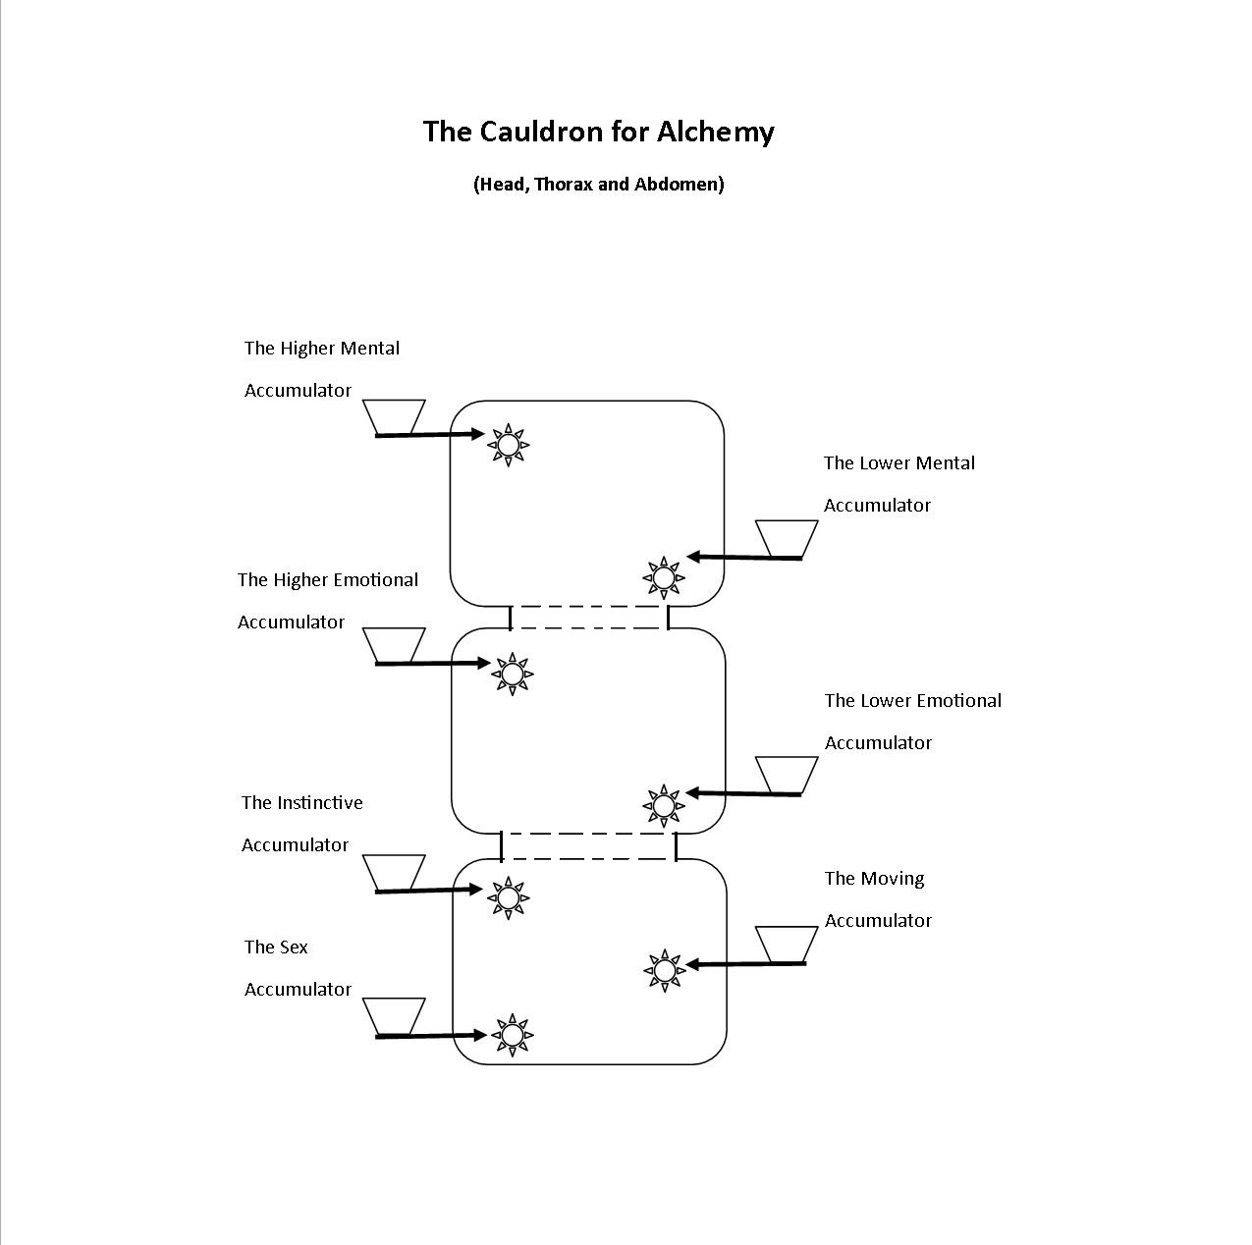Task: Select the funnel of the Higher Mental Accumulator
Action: point(394,415)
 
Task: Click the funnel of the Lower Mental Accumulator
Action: point(787,538)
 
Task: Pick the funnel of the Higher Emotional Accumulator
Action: point(394,644)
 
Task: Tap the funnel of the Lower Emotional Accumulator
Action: point(787,774)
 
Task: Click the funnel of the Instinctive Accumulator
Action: point(394,872)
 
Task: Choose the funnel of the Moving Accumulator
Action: point(787,944)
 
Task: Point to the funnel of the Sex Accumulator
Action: point(394,1016)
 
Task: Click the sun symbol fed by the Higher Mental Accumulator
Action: point(508,445)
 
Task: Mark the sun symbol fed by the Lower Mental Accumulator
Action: point(664,577)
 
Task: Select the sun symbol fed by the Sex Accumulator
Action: point(511,1035)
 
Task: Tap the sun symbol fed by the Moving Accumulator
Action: point(665,970)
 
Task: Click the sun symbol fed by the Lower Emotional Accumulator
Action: point(664,805)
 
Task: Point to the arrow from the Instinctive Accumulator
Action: point(430,890)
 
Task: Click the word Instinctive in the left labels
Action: point(319,802)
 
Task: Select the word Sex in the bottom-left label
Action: point(293,947)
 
